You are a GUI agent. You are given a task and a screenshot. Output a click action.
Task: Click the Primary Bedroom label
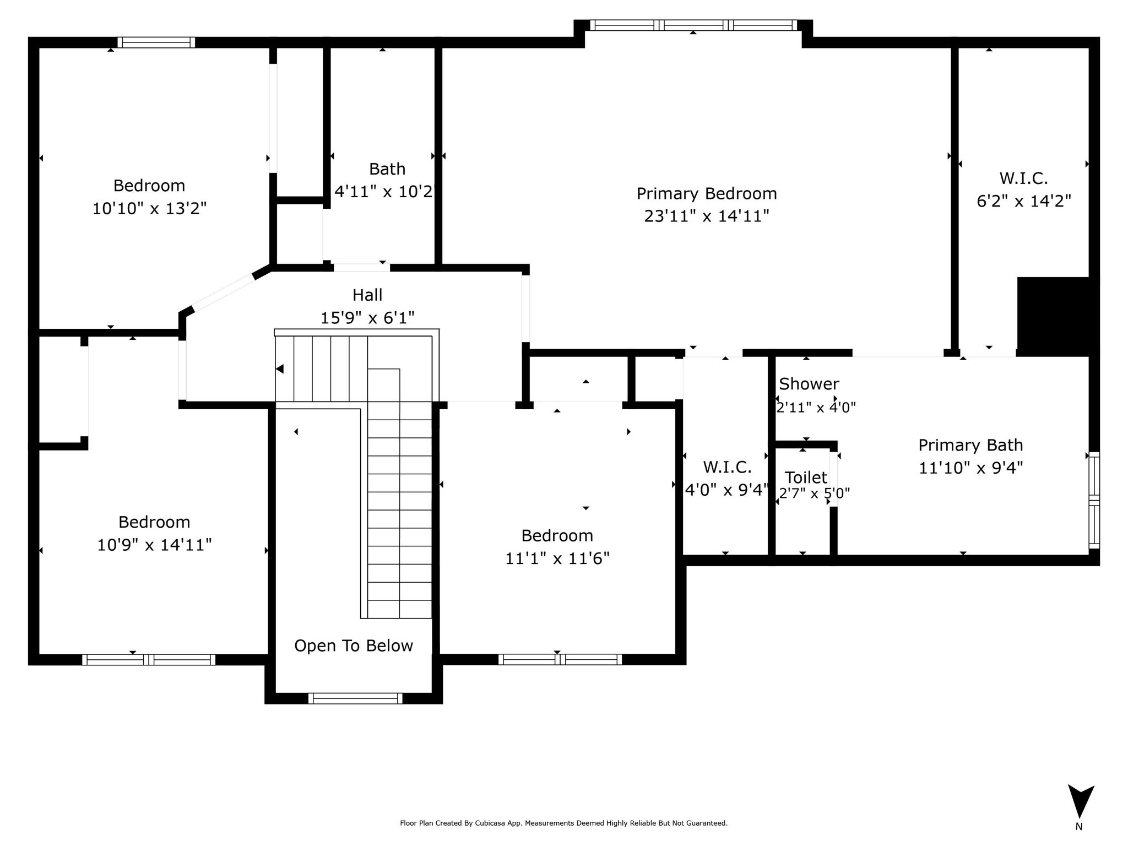[x=707, y=194]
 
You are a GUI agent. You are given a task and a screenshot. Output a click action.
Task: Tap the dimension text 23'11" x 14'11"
[x=707, y=216]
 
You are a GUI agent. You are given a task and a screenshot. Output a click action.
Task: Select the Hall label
[x=367, y=295]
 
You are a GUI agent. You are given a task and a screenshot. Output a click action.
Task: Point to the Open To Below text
[x=354, y=646]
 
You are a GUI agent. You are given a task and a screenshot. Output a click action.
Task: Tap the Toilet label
[x=806, y=477]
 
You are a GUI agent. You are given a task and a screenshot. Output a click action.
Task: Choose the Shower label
[x=809, y=383]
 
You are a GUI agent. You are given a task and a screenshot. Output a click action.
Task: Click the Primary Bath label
[x=970, y=445]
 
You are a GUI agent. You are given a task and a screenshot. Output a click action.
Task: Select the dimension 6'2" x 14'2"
[x=1024, y=201]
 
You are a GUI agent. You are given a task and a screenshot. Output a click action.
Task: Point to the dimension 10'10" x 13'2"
[x=149, y=209]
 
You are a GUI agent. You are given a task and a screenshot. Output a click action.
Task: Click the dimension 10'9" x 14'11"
[x=154, y=545]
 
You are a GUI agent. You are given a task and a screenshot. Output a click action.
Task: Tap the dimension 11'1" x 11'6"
[x=557, y=558]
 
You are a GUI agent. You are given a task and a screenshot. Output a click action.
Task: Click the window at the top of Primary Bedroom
[x=693, y=25]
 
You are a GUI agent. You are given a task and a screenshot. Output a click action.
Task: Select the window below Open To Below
[x=355, y=698]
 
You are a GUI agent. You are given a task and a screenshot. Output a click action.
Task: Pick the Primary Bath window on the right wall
[x=1094, y=500]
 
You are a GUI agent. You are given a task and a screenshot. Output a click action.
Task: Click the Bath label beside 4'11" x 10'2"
[x=387, y=169]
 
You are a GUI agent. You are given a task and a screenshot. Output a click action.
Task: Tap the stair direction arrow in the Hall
[x=280, y=369]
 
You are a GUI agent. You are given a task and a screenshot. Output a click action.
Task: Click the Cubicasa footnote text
[x=563, y=823]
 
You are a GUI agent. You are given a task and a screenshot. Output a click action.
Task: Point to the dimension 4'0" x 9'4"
[x=726, y=490]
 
